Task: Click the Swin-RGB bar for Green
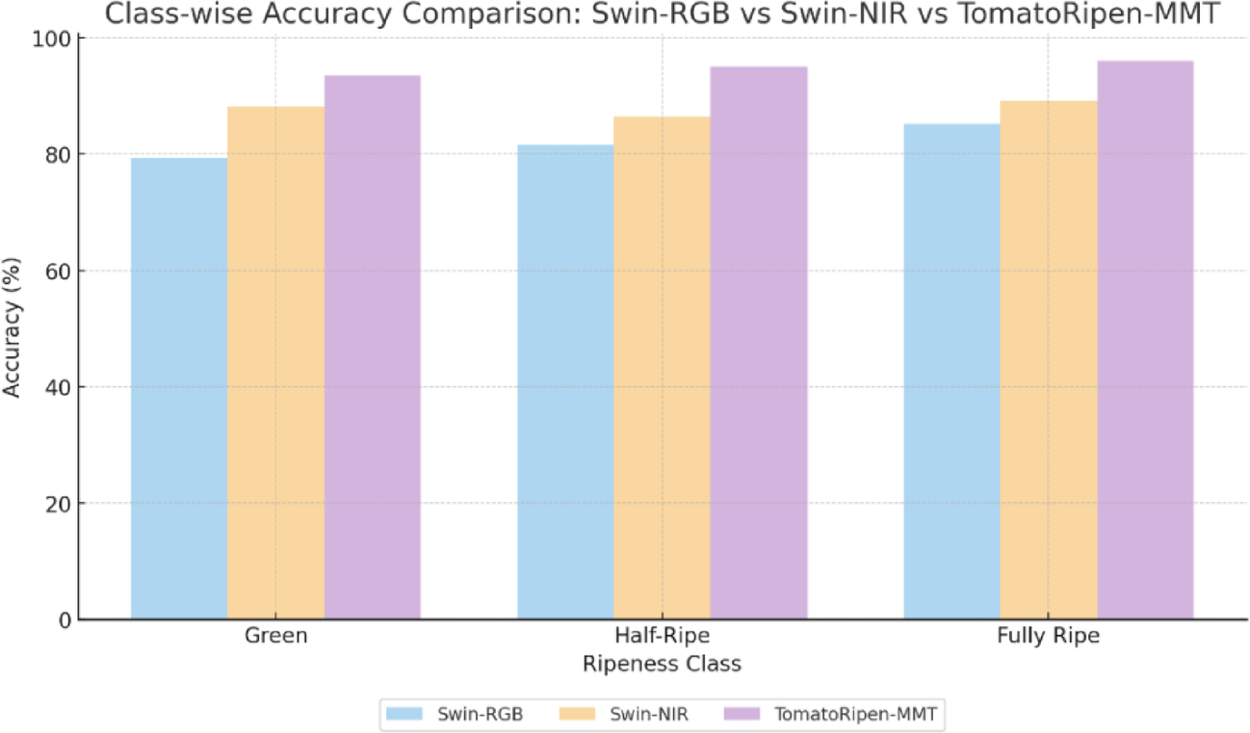point(179,388)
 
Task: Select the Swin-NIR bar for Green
point(275,363)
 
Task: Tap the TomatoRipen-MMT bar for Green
point(372,347)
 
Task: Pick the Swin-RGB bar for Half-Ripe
point(565,382)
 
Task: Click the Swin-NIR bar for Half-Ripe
point(662,368)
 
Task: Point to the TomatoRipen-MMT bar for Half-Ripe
point(759,343)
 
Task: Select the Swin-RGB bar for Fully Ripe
point(951,372)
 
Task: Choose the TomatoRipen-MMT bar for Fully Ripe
point(1145,340)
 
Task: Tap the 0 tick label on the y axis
point(64,620)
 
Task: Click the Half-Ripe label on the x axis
point(662,638)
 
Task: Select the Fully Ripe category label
point(1049,638)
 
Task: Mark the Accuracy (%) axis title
point(13,328)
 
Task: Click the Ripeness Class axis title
point(662,665)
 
